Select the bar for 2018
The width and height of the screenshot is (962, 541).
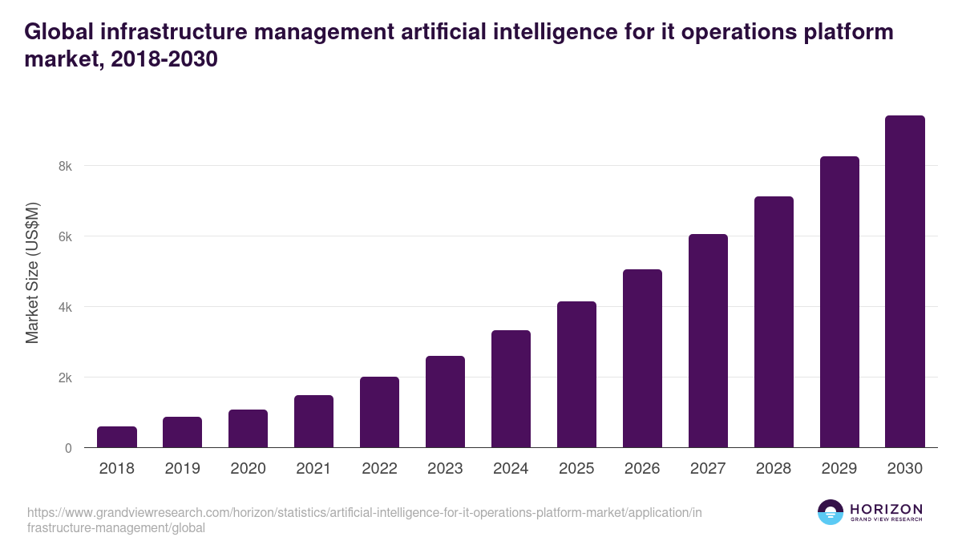117,437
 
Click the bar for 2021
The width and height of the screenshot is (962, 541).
313,422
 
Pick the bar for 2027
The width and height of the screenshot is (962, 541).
708,341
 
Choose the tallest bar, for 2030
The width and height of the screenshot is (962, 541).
905,281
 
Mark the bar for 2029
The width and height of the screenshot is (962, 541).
839,302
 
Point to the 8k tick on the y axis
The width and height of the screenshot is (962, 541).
64,166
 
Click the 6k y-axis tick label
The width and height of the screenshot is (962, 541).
64,236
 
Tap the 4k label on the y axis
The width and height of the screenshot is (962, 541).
64,307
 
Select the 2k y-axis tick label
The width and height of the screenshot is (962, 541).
64,377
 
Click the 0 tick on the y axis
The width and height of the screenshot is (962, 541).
68,448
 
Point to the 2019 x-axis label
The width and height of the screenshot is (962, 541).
183,469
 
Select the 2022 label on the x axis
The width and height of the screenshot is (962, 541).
379,469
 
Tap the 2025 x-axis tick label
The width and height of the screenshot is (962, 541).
576,469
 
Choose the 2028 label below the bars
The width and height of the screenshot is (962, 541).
774,469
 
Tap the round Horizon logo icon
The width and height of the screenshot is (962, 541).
831,512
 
